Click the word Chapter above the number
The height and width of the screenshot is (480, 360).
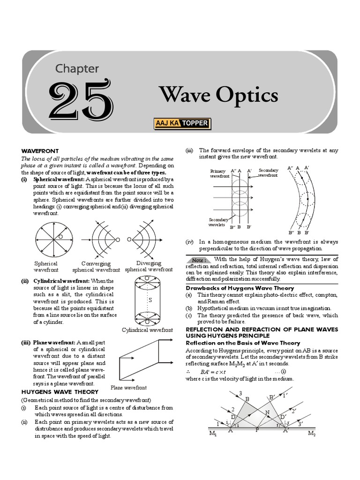point(77,68)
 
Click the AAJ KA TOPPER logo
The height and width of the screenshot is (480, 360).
point(182,124)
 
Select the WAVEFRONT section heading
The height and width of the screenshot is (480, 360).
point(40,151)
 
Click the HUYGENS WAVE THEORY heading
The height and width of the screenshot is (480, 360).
point(60,391)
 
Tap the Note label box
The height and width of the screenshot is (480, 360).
point(198,260)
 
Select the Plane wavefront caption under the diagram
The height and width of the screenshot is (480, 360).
point(128,388)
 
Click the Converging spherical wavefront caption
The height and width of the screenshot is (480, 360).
point(96,267)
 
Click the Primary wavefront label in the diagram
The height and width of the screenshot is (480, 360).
point(218,174)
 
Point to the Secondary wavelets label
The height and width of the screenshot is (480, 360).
point(218,222)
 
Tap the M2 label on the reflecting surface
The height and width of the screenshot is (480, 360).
point(312,434)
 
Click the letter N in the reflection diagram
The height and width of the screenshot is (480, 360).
point(267,412)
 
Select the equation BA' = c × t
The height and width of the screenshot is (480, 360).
point(215,372)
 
